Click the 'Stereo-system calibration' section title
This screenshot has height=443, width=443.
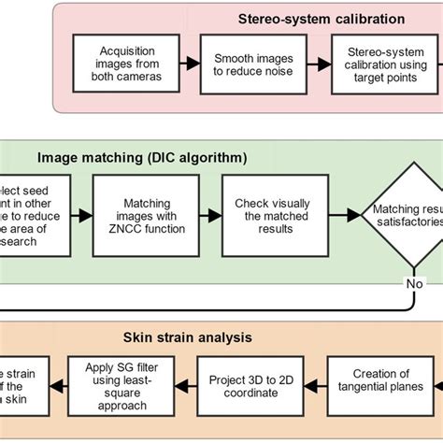click(321, 18)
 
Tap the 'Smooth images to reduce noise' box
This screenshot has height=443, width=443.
click(247, 63)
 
